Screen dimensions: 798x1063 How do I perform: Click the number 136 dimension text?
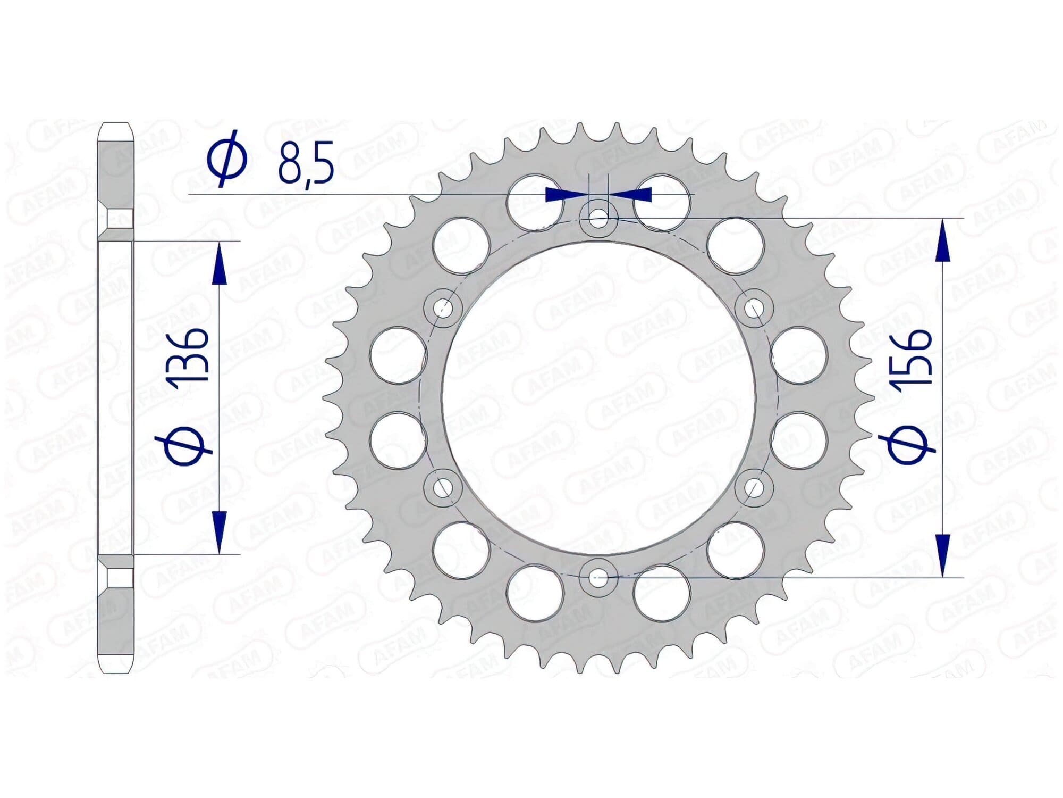tap(187, 355)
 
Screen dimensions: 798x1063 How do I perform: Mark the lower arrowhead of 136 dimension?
tap(219, 532)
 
